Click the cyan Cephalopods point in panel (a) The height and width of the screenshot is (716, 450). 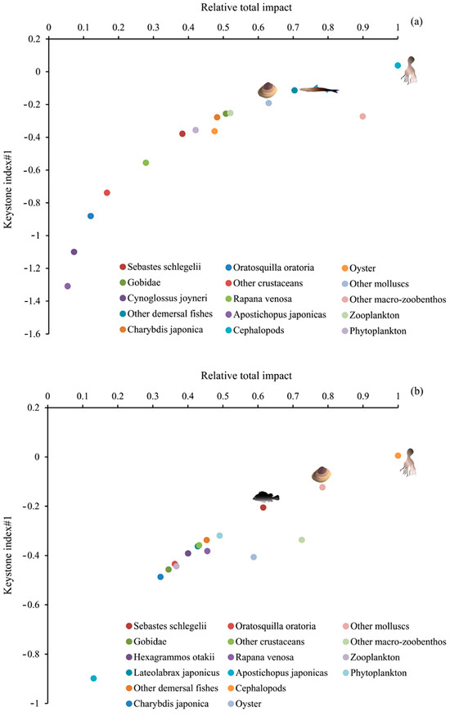click(398, 65)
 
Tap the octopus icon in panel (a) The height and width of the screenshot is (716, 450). click(410, 70)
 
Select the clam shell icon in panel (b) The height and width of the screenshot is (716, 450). click(322, 475)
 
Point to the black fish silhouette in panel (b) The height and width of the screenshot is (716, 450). click(266, 497)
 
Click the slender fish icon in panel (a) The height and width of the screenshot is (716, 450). click(319, 89)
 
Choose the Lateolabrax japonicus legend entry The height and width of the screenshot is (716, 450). click(173, 673)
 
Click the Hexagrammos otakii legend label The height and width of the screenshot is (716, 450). click(170, 657)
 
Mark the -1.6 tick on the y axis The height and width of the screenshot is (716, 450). click(47, 334)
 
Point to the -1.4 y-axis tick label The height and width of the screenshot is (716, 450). click(32, 301)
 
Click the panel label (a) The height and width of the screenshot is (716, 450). click(416, 21)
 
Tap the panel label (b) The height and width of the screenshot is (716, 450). click(416, 391)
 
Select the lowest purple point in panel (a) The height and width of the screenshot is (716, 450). click(68, 286)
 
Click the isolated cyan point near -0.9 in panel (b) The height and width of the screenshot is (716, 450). click(93, 678)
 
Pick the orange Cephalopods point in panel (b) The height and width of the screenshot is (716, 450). click(398, 456)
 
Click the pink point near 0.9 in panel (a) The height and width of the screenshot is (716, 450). click(362, 116)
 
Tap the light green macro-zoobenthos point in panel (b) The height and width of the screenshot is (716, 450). click(302, 540)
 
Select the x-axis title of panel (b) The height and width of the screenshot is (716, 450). click(246, 376)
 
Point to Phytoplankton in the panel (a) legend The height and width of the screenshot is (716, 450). click(374, 331)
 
